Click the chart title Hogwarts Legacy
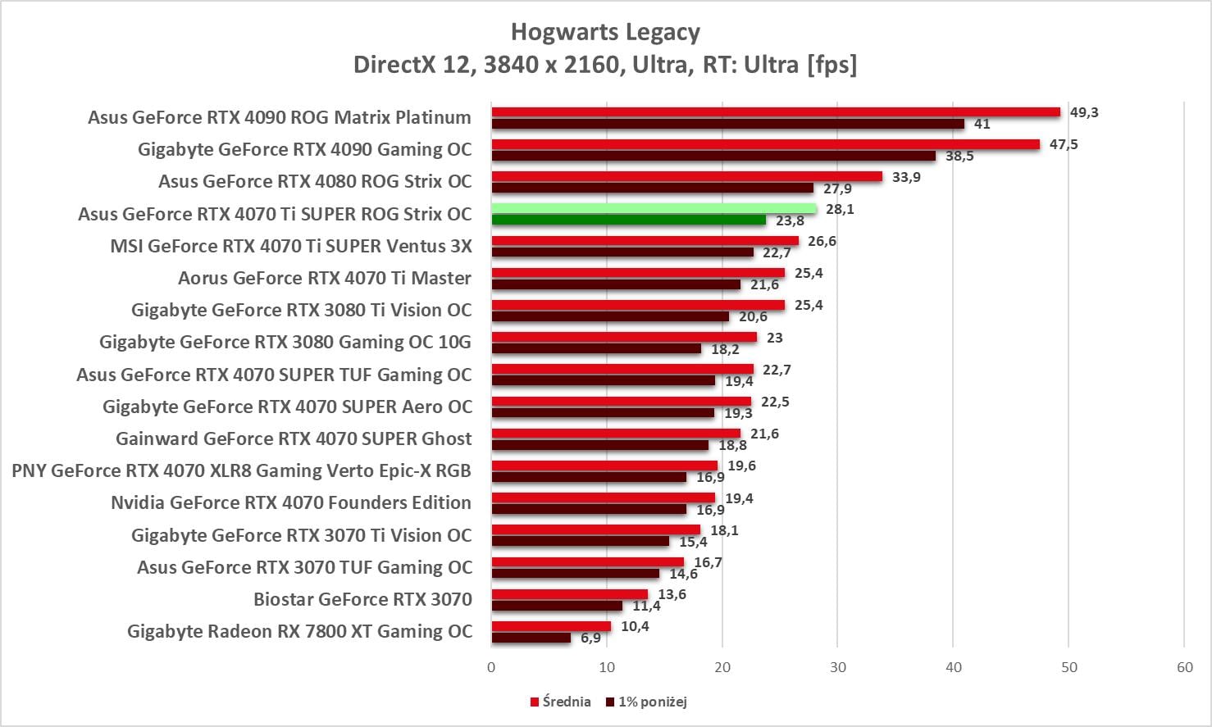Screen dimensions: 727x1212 click(605, 32)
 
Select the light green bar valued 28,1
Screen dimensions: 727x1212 click(654, 209)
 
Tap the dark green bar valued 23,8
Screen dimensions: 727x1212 click(628, 220)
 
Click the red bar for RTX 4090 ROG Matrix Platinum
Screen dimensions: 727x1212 click(775, 112)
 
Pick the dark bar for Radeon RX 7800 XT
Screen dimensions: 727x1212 click(531, 638)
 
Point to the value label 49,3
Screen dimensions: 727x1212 click(1083, 112)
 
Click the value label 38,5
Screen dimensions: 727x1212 click(959, 156)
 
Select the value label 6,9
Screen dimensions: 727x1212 click(590, 638)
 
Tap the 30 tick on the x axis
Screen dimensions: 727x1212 click(837, 667)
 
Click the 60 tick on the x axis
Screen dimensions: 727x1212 click(1184, 667)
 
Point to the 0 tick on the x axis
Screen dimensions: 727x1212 click(491, 667)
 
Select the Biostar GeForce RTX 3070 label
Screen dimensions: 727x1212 click(362, 599)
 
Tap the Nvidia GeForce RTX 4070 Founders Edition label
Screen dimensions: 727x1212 click(291, 502)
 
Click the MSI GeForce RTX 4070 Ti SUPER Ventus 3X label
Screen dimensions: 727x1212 click(291, 246)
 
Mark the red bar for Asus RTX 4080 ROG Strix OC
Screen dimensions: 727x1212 click(686, 176)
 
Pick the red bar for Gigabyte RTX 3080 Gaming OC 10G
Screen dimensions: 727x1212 click(624, 337)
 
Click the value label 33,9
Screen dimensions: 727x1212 click(906, 177)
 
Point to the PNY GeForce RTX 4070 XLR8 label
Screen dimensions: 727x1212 click(242, 470)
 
